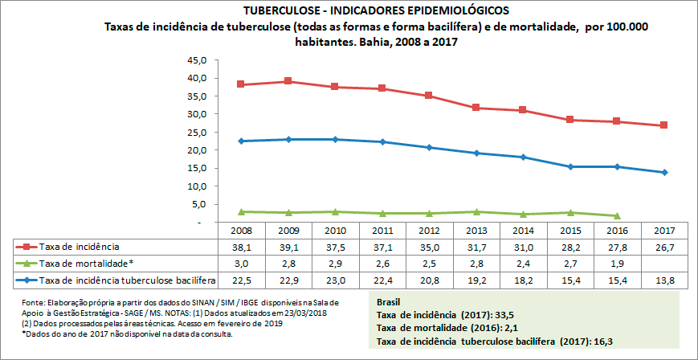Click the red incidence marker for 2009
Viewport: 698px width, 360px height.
[x=288, y=81]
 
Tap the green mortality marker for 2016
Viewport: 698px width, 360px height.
[x=617, y=215]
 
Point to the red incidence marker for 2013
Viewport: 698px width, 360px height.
[x=476, y=108]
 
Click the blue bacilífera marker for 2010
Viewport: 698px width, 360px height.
[x=334, y=139]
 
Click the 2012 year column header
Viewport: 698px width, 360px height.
[x=429, y=230]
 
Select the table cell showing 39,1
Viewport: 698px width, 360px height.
[x=288, y=247]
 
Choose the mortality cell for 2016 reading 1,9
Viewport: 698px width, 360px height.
[x=617, y=263]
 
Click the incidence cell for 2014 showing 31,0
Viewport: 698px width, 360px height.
[x=523, y=247]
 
